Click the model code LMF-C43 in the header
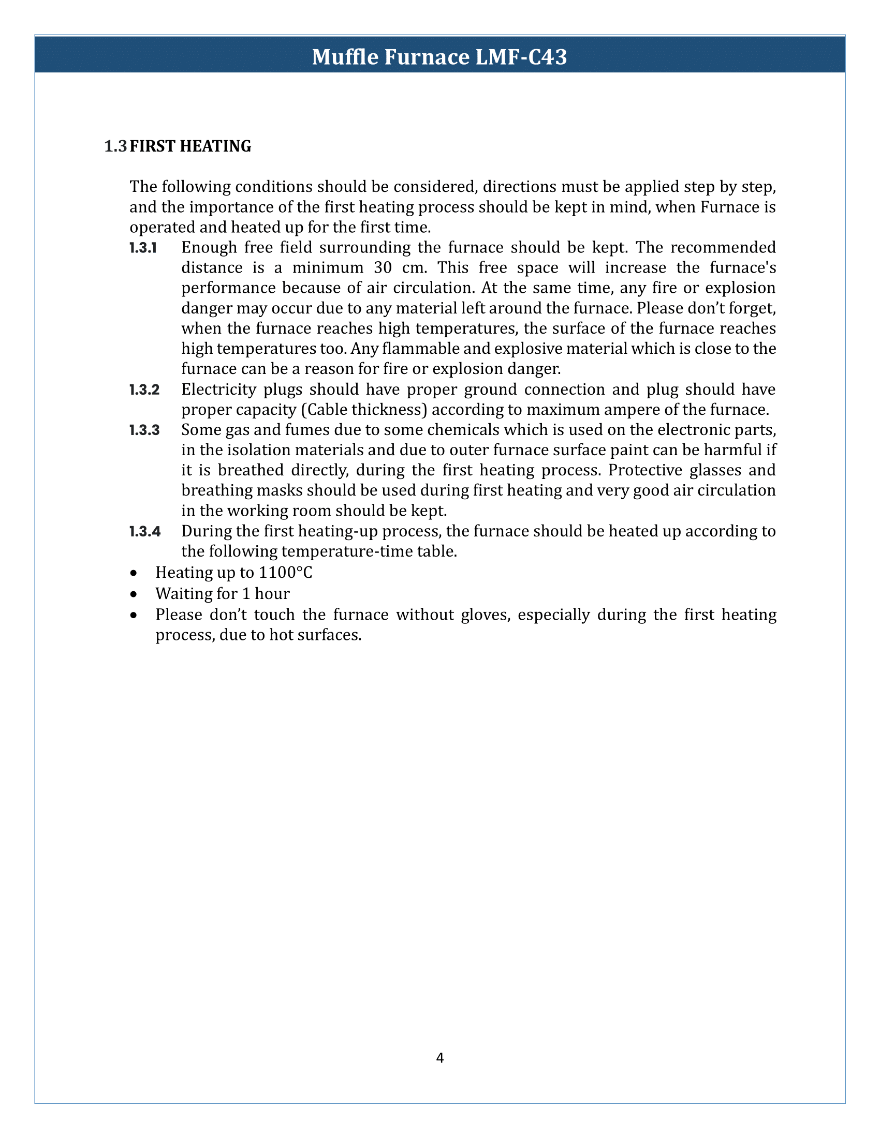click(521, 57)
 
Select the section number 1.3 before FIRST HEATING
click(115, 146)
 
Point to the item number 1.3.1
click(143, 247)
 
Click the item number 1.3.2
click(144, 390)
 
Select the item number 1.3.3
click(144, 430)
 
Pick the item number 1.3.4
click(144, 531)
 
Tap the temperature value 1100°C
click(286, 573)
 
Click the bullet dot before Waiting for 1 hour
click(135, 594)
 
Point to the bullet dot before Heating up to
click(135, 573)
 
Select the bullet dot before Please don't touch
click(135, 616)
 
